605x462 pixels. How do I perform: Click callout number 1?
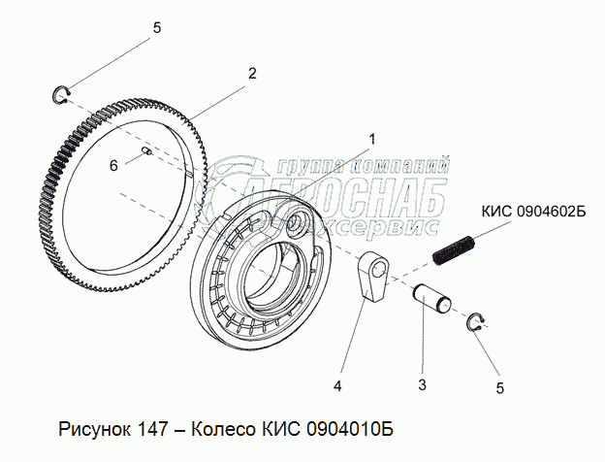371,139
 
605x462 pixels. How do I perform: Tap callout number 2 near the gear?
252,73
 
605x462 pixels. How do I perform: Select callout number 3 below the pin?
422,385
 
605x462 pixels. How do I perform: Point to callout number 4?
337,385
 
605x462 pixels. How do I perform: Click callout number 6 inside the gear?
113,166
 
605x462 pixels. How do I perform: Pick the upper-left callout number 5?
157,28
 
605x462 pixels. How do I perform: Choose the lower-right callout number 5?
500,388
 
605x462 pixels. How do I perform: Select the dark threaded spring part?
455,250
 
